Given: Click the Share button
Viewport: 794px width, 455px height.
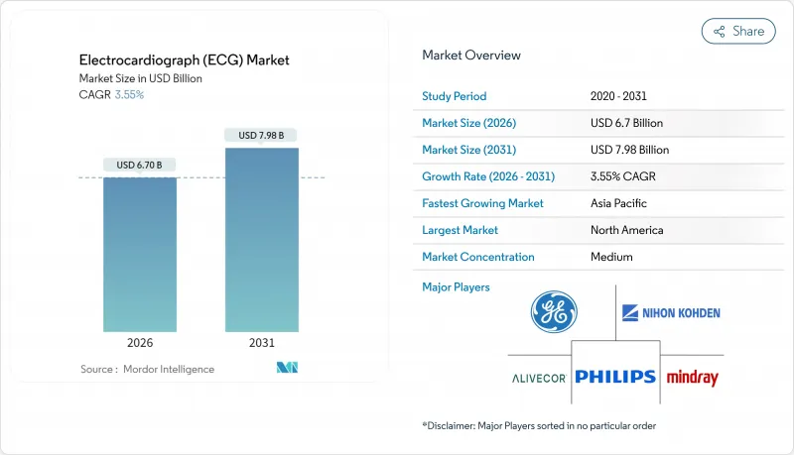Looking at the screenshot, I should (738, 31).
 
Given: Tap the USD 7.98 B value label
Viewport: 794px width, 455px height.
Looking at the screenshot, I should (262, 135).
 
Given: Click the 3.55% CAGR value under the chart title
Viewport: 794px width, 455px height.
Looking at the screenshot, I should (129, 95).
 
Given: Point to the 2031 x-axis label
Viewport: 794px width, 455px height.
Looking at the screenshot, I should (262, 343).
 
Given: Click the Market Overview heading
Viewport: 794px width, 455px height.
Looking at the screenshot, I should (471, 56).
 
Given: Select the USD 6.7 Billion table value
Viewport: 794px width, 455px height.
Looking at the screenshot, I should (626, 123).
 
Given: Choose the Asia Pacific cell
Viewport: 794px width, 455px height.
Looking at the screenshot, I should (619, 203).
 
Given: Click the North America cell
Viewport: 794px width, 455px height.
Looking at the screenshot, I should (627, 230).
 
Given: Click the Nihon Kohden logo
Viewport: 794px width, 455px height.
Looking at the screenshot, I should (671, 313).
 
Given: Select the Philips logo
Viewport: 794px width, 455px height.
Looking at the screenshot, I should (614, 377).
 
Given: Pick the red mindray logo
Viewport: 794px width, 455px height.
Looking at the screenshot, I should (692, 378).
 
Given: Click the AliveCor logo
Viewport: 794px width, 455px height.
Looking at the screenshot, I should (540, 378).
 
